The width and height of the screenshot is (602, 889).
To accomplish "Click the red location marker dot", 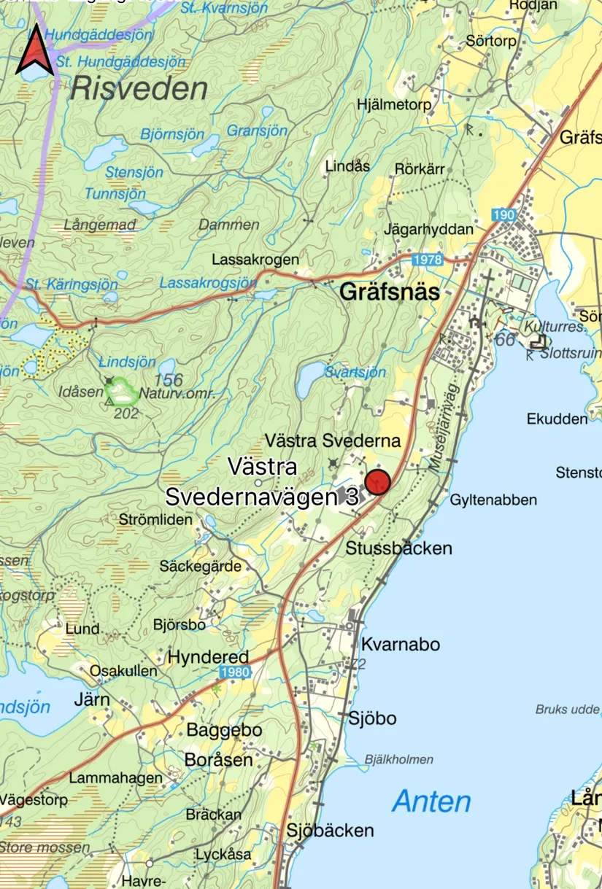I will [378, 482].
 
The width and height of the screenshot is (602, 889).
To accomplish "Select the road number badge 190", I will [503, 215].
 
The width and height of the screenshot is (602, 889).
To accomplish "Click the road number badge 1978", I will [428, 260].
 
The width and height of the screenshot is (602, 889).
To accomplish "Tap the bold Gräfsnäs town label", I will [390, 293].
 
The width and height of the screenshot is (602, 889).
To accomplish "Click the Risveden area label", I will [139, 90].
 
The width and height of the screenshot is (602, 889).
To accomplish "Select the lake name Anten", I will [431, 801].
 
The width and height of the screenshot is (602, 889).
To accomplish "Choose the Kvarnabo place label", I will [401, 645].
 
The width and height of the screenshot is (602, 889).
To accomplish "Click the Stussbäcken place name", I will [399, 548].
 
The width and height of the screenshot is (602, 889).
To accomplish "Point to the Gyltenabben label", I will [493, 500].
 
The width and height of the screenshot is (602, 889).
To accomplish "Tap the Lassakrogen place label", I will [255, 260].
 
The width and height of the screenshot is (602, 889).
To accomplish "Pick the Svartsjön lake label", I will [355, 372].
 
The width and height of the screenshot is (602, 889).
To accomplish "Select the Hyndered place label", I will [208, 657].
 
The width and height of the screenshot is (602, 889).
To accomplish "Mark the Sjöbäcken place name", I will [330, 830].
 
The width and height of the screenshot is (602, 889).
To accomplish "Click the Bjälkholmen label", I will [401, 759].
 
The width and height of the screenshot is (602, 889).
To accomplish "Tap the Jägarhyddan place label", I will [428, 229].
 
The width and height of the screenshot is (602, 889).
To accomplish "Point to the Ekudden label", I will [557, 419].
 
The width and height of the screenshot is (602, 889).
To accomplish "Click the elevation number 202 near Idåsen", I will [126, 412].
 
